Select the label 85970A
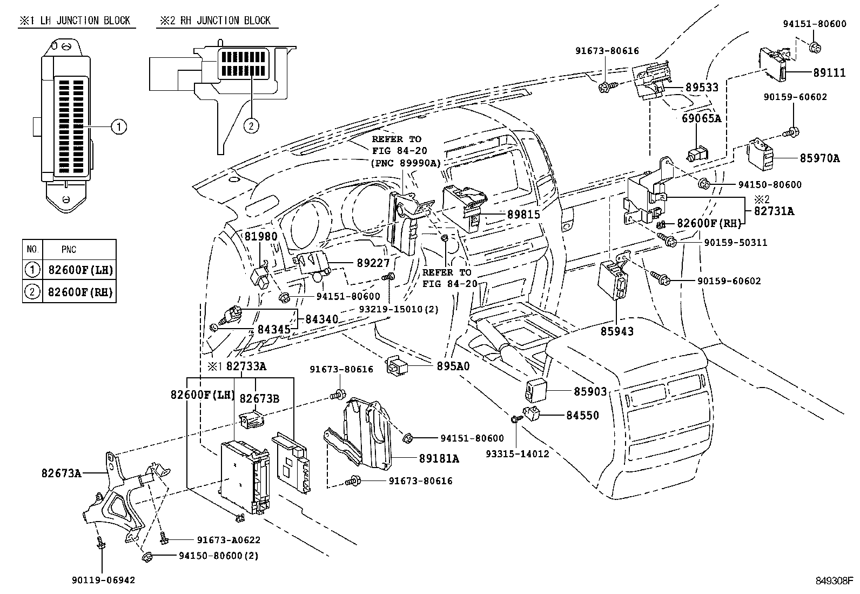(819, 158)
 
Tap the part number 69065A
(701, 118)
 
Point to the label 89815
(523, 215)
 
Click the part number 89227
(373, 263)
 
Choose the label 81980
(261, 236)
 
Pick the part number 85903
(590, 391)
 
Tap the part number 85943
(617, 331)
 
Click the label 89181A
(439, 458)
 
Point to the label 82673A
(61, 473)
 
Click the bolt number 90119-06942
(103, 580)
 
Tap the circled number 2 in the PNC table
(32, 292)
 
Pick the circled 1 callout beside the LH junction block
(119, 127)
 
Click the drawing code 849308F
(835, 582)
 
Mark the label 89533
(702, 88)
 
